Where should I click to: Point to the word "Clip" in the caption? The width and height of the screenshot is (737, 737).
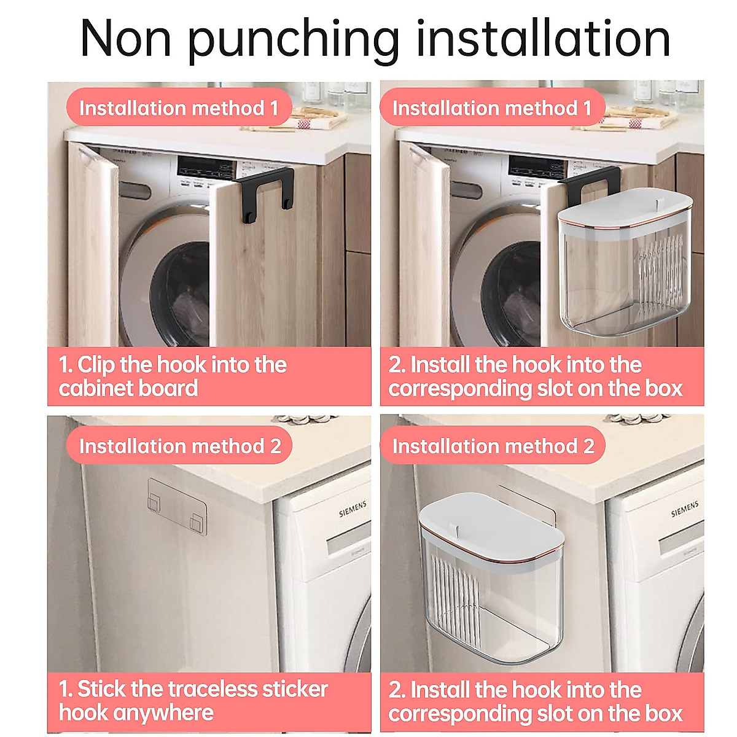96,365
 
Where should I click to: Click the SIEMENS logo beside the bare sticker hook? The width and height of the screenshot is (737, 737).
353,509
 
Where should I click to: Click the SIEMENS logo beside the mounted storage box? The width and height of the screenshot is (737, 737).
684,509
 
